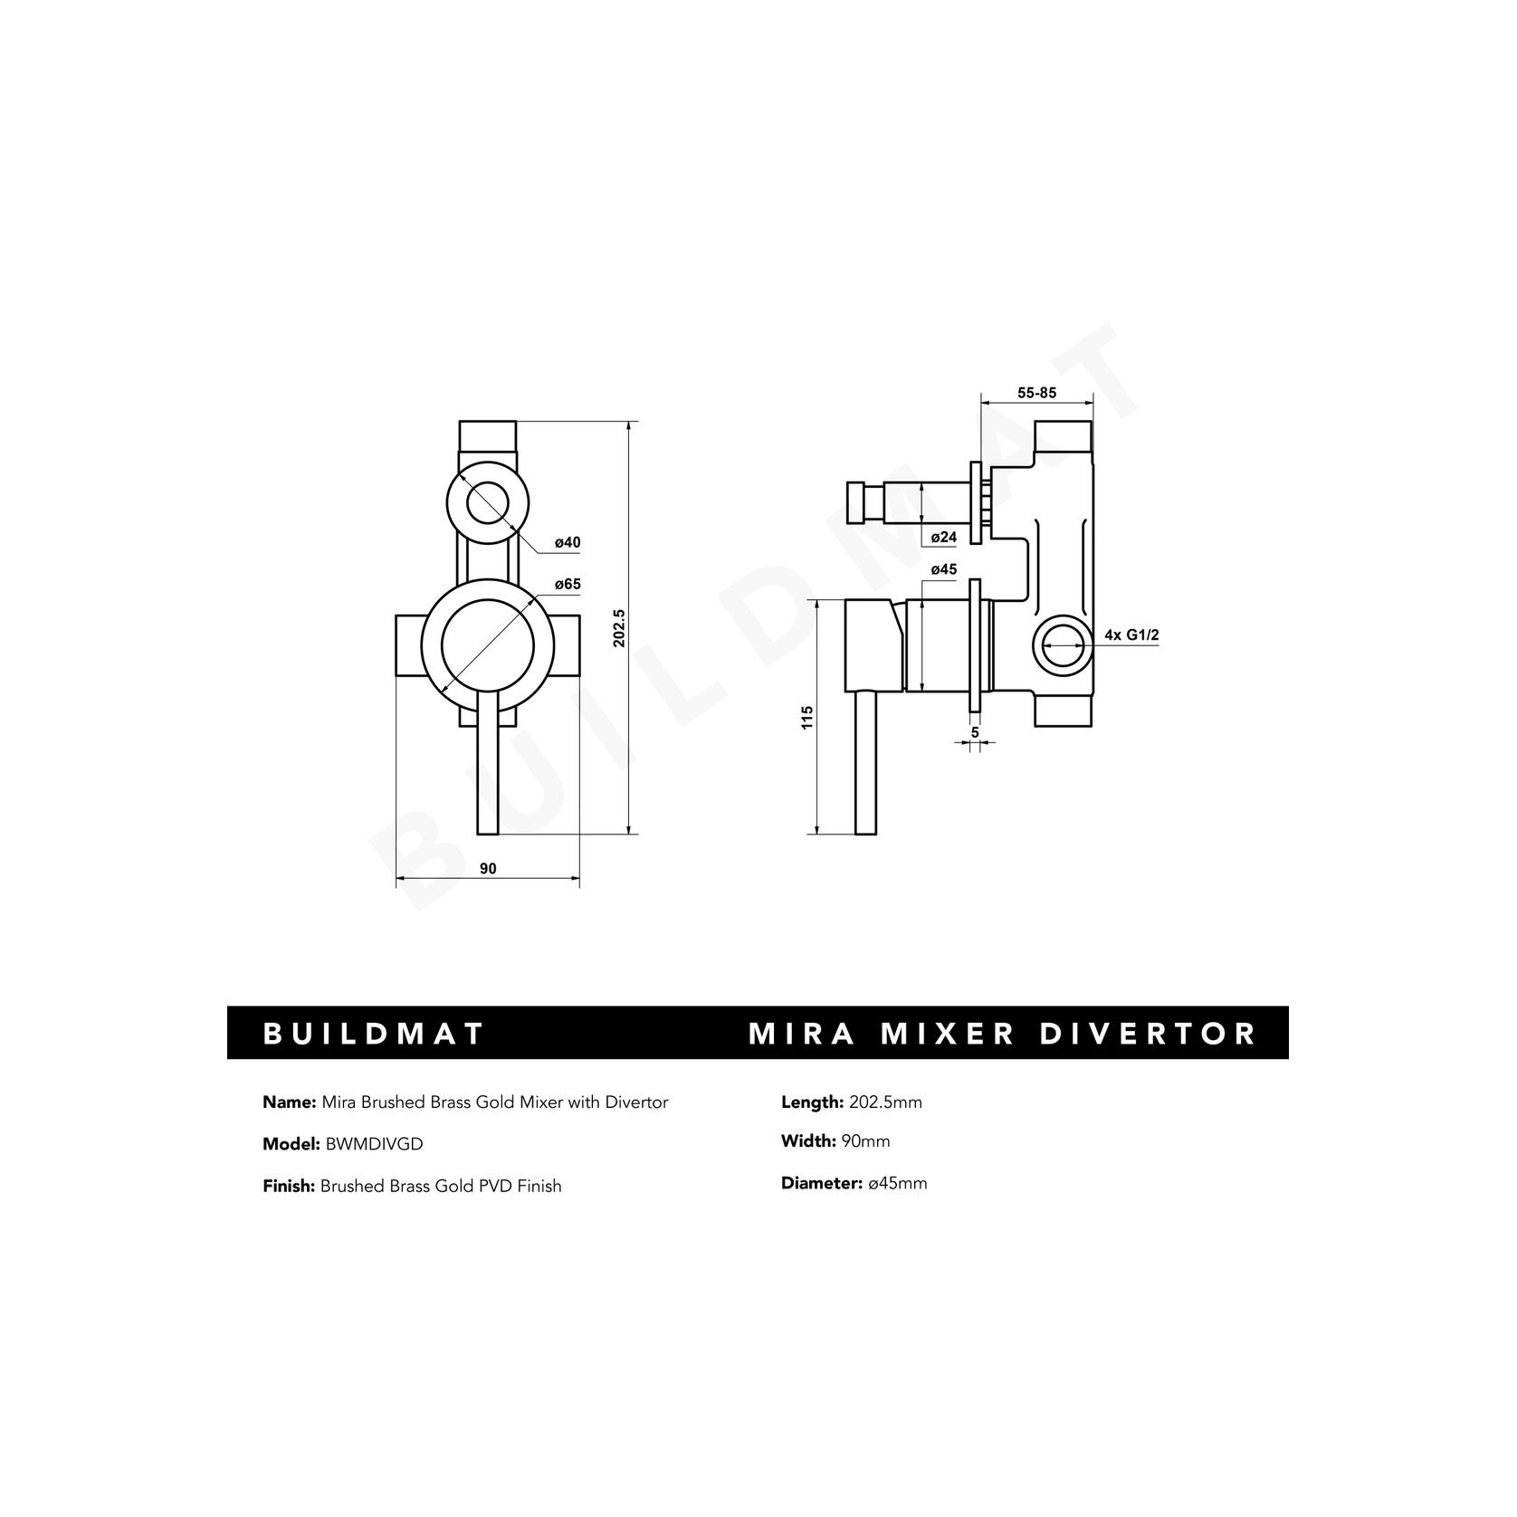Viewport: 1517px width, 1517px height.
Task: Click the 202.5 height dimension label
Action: [x=620, y=627]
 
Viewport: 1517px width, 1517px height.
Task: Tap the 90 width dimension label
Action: [x=488, y=868]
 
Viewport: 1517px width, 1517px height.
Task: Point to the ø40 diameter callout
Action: [x=567, y=542]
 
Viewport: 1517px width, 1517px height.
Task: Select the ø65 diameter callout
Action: [x=567, y=585]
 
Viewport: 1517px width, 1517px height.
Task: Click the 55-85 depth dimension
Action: [x=1037, y=393]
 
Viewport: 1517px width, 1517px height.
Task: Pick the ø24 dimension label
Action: [x=944, y=537]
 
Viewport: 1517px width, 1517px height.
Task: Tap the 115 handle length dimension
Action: [x=807, y=718]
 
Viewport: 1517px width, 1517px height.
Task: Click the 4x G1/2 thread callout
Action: [x=1131, y=635]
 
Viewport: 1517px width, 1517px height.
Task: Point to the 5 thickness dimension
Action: [x=975, y=731]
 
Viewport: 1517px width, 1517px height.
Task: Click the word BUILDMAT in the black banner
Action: [x=374, y=1034]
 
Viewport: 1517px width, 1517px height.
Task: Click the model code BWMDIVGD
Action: [x=372, y=1144]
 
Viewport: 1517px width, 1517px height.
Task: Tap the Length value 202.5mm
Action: [x=885, y=1102]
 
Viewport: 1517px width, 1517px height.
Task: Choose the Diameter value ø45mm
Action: [x=897, y=1183]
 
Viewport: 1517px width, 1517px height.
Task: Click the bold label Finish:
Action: [x=288, y=1186]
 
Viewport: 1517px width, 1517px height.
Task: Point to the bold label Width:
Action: [x=808, y=1141]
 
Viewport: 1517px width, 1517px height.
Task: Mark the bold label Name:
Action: [x=289, y=1102]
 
